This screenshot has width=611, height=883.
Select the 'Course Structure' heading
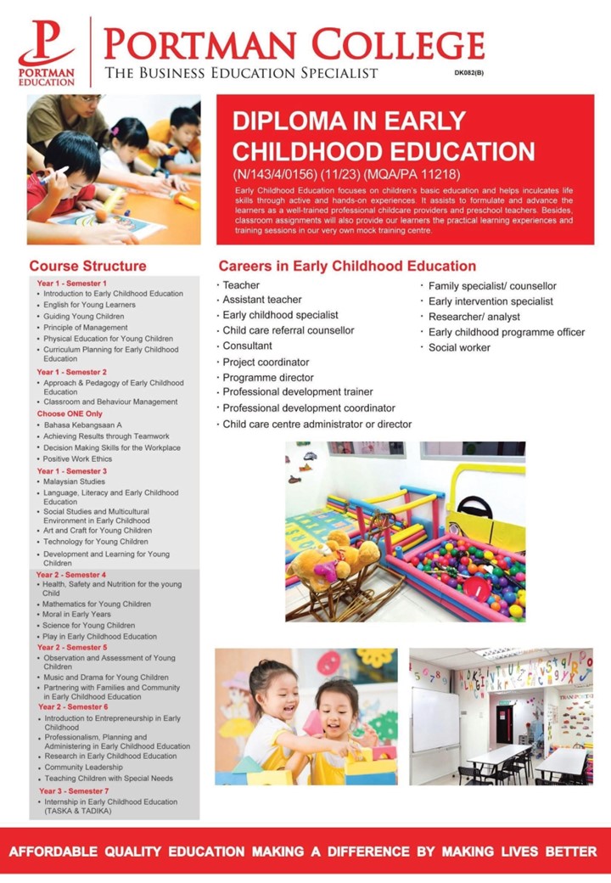click(x=87, y=266)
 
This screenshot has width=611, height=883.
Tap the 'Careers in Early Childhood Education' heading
click(x=347, y=266)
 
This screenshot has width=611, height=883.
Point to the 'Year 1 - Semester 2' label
click(x=71, y=372)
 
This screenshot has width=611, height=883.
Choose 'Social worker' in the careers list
click(x=459, y=347)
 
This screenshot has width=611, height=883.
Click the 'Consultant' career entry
click(x=247, y=346)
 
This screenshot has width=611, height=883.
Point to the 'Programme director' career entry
click(x=267, y=377)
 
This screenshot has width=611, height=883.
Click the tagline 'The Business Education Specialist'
click(x=241, y=73)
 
